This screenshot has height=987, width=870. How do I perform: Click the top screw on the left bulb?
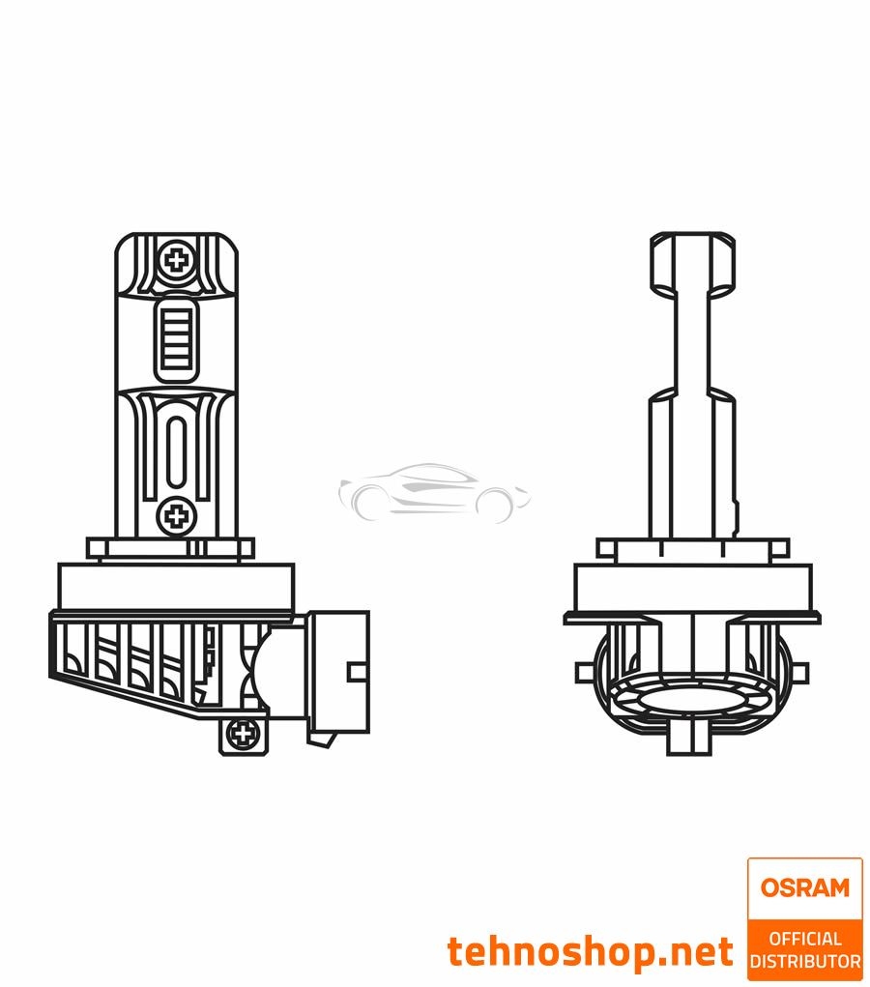point(176,259)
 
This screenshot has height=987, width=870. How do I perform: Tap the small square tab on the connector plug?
point(357,670)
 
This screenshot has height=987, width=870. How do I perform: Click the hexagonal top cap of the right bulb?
point(692,263)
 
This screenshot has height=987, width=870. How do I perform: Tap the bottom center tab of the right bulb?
point(692,740)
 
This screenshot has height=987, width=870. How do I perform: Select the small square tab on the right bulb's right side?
point(801,672)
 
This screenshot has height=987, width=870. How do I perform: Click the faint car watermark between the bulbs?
point(435,491)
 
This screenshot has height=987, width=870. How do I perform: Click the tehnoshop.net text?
point(590,951)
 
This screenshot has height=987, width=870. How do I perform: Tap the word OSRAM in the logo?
point(804,886)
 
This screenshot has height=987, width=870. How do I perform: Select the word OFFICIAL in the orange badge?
point(804,938)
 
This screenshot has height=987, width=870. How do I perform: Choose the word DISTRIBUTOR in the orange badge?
point(804,961)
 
